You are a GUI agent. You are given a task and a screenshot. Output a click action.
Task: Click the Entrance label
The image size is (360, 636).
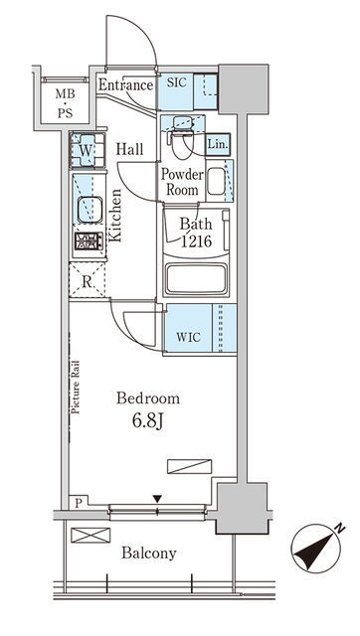[x=126, y=85]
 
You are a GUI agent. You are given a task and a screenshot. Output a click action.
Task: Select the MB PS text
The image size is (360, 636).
[x=65, y=103]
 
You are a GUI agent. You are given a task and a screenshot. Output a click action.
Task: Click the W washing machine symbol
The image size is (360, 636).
[x=87, y=150]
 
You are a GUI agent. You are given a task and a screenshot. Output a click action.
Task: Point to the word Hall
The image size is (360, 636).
[x=129, y=149]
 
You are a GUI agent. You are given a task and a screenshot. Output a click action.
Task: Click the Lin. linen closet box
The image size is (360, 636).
[x=218, y=144]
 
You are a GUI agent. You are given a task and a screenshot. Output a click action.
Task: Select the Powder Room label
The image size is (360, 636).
[x=182, y=182]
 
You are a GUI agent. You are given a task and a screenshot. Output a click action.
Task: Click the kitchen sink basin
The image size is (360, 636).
[x=90, y=210]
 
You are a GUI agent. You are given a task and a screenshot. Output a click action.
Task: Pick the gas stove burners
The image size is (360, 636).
[x=89, y=241]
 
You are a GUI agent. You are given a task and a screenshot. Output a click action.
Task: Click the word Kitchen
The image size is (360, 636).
[x=115, y=216]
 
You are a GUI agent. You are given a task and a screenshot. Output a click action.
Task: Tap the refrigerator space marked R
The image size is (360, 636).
[x=87, y=281]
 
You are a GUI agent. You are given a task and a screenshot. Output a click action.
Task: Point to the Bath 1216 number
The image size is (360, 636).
[x=196, y=241]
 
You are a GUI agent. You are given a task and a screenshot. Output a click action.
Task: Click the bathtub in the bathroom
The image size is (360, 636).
[x=196, y=278]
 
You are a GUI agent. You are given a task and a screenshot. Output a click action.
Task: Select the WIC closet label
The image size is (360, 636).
[x=188, y=337]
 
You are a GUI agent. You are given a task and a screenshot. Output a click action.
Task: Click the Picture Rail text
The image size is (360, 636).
[x=76, y=388]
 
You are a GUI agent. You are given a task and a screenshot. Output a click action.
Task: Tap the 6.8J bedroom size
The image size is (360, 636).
[x=147, y=421]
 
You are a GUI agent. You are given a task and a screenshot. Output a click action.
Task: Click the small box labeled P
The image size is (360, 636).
[x=79, y=503]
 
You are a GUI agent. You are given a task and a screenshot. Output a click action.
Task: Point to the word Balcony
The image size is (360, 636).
[x=149, y=554]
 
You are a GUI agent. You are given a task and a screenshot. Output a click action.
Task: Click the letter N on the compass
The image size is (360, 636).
[x=340, y=529]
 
